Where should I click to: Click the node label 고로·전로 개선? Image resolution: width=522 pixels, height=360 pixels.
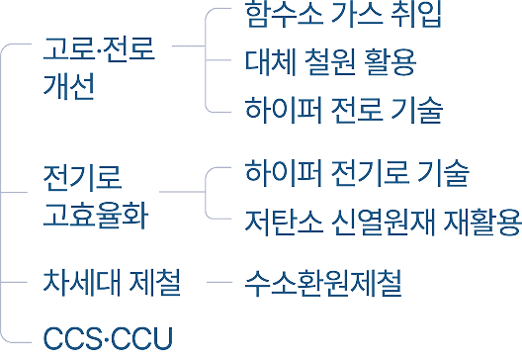click(99, 68)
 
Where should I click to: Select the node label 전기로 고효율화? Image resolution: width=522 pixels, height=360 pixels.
click(96, 197)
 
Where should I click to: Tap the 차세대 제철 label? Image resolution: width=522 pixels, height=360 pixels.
click(112, 283)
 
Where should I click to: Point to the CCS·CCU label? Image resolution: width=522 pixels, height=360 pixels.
click(108, 338)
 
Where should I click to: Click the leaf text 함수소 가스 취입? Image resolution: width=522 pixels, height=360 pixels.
click(343, 14)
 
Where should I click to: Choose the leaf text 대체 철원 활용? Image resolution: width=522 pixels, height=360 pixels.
click(330, 62)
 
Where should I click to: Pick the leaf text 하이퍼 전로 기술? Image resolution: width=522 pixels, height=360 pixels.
click(344, 110)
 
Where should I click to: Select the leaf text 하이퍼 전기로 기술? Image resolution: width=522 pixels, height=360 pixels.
click(357, 173)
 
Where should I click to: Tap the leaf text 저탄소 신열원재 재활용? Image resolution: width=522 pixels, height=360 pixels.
click(383, 223)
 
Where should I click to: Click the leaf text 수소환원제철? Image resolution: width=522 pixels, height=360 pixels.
click(323, 283)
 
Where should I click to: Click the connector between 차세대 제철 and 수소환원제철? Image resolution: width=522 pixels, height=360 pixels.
click(219, 283)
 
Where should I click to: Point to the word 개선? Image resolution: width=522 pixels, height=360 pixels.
click(69, 86)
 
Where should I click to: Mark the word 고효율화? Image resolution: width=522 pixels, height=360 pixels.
click(96, 216)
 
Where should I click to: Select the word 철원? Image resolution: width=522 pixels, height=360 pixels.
click(330, 62)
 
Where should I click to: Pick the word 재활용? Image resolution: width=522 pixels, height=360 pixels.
click(482, 223)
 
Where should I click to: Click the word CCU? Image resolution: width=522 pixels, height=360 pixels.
click(142, 338)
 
